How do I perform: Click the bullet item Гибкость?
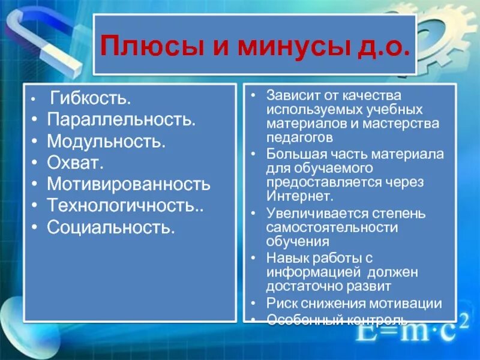click(x=91, y=97)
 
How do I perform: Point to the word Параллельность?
click(x=121, y=119)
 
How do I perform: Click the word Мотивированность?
click(x=129, y=184)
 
